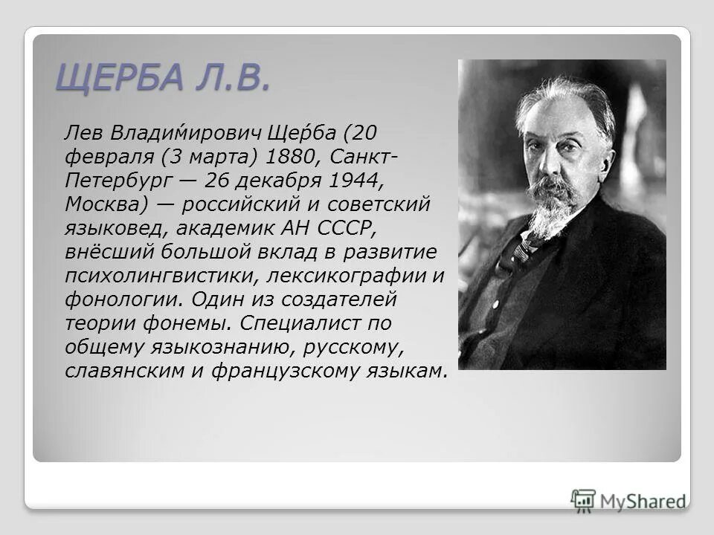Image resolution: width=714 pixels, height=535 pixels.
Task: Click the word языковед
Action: [x=112, y=227]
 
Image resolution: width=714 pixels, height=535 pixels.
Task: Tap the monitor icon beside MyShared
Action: [x=584, y=500]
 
